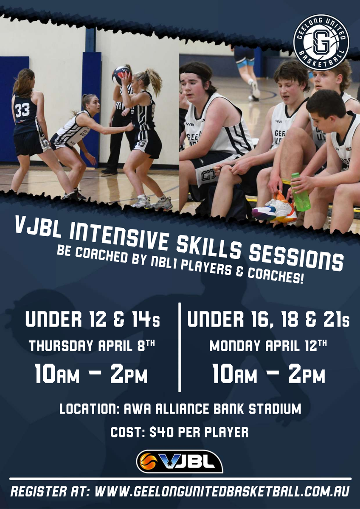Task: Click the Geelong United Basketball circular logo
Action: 321,43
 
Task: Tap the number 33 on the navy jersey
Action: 22,110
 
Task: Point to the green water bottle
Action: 300,192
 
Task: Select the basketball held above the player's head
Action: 122,76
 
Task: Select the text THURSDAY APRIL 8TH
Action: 92,346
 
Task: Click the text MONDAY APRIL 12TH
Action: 268,346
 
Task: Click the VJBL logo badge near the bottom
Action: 180,461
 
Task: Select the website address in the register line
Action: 222,491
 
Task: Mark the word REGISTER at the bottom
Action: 37,491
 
